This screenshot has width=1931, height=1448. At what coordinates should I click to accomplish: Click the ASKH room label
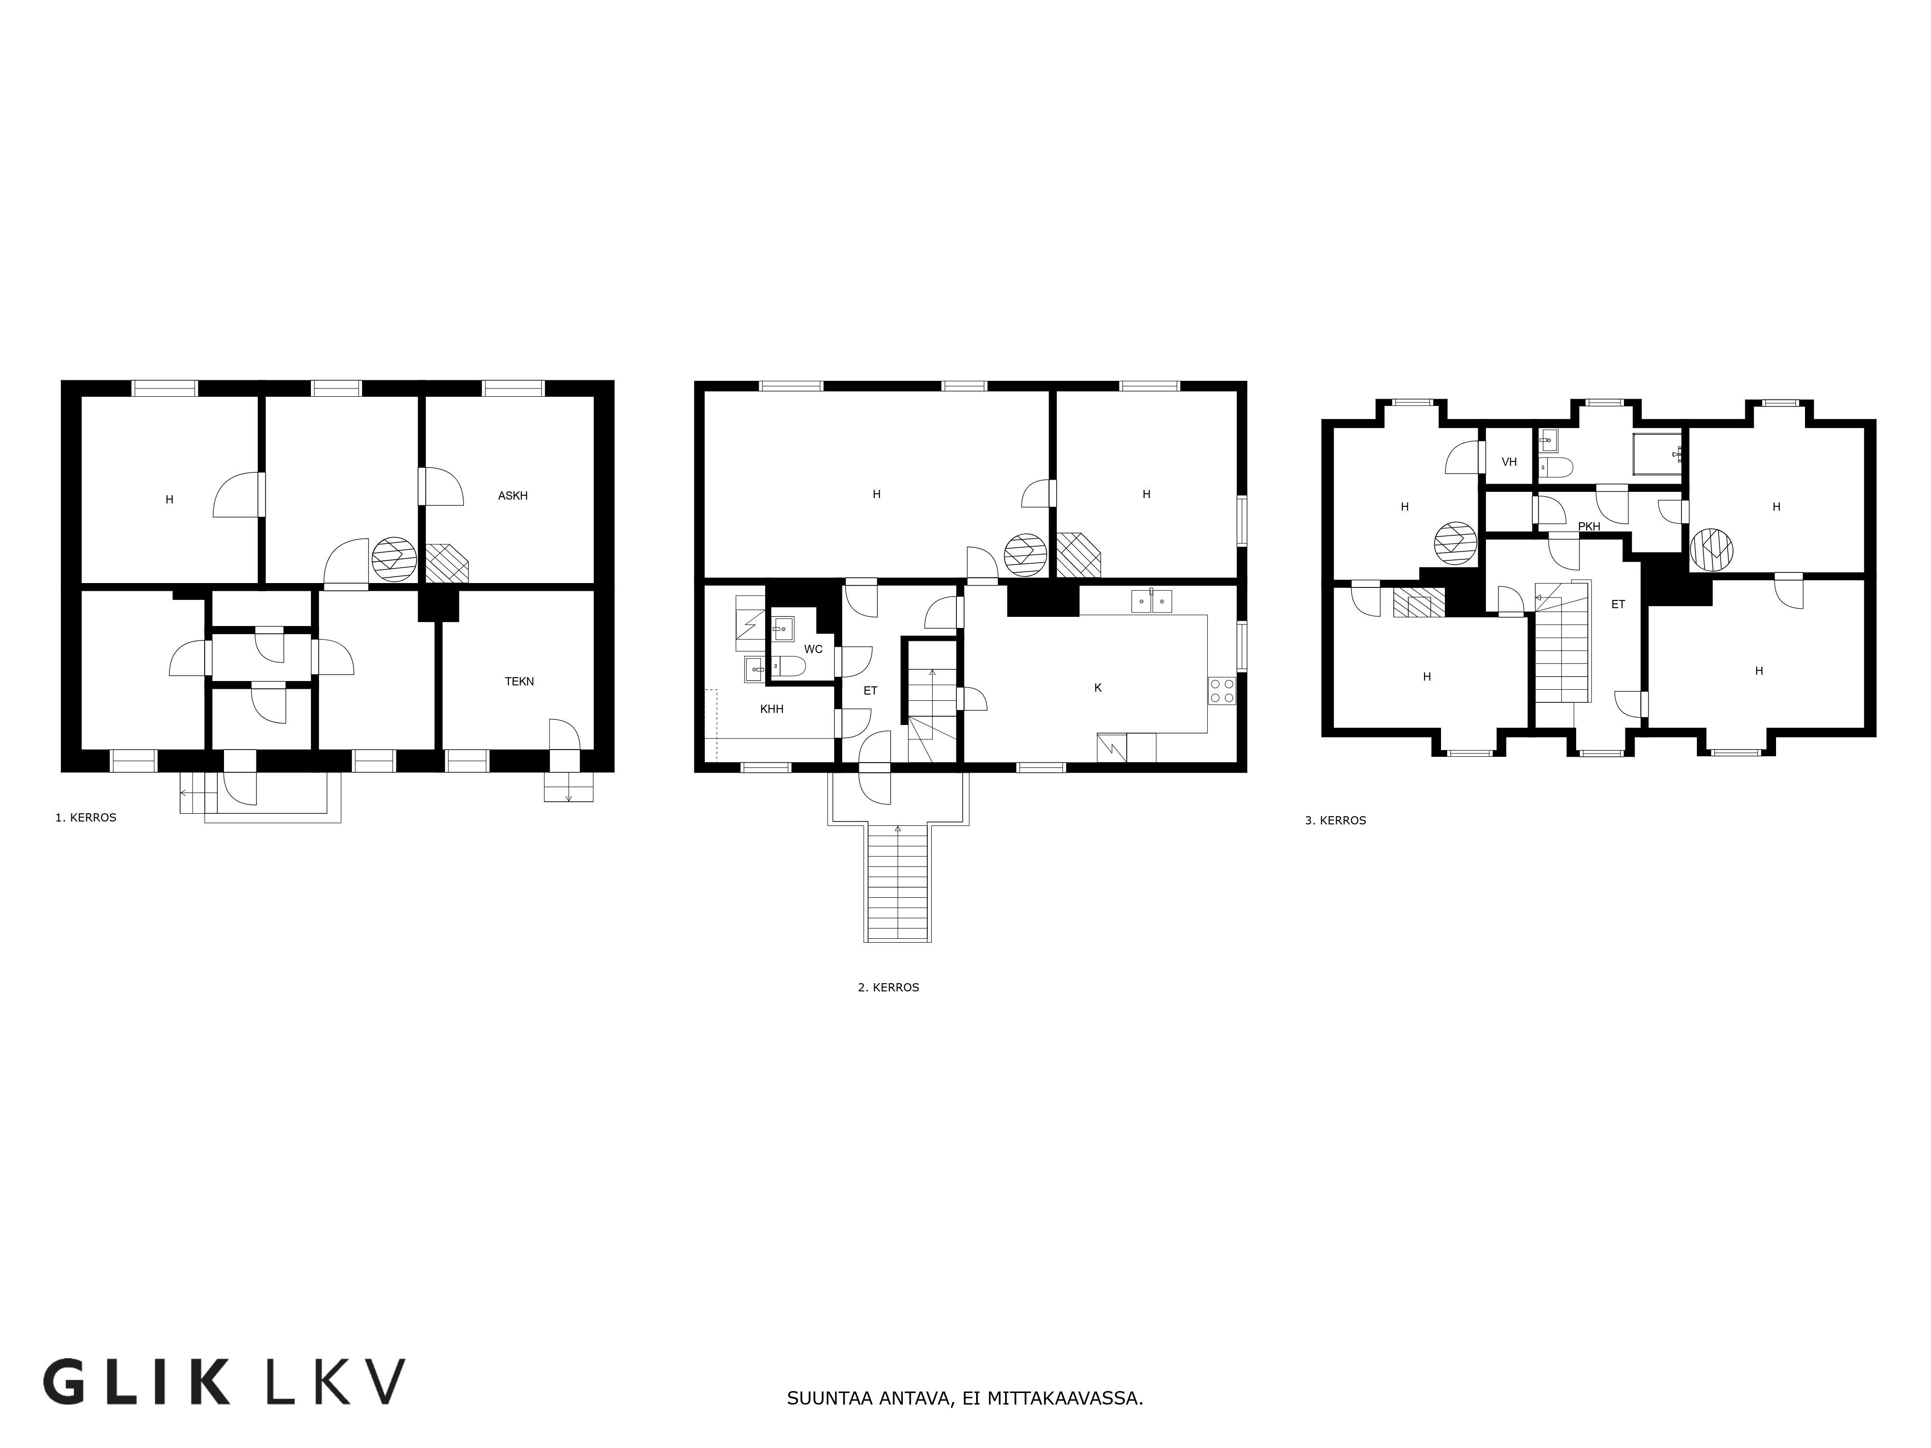click(x=512, y=496)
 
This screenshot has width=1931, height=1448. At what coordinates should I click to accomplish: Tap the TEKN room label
click(x=519, y=682)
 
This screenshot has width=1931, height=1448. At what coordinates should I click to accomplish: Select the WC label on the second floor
click(x=813, y=649)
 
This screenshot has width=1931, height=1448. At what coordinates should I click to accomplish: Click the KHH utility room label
click(x=772, y=710)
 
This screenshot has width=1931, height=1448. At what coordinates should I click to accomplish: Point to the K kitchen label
click(x=1098, y=688)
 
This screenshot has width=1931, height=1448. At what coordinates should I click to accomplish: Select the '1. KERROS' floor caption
click(x=85, y=818)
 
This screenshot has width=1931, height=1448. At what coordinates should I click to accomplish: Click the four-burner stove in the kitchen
click(x=1221, y=690)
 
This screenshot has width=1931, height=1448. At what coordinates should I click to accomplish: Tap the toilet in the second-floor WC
click(x=789, y=668)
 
